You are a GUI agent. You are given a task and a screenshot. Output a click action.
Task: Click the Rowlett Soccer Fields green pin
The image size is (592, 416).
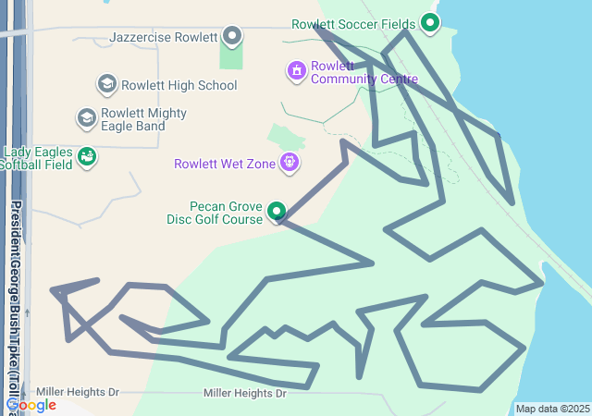[x=429, y=22]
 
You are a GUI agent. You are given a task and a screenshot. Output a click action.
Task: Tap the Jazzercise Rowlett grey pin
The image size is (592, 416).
[x=232, y=37]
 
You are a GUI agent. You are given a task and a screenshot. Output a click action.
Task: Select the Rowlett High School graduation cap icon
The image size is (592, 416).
[x=107, y=85]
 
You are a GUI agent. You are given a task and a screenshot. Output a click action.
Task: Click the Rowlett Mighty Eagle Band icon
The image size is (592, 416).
[x=86, y=118]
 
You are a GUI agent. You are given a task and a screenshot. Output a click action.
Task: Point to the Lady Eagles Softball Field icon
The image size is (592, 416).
[x=86, y=157]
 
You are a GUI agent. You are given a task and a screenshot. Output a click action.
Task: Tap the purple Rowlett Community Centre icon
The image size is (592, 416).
[x=297, y=70]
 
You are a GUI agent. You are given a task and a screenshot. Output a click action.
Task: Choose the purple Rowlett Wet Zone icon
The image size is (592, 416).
[x=290, y=164]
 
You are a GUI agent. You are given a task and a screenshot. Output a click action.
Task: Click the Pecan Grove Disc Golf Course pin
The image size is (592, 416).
[x=277, y=213]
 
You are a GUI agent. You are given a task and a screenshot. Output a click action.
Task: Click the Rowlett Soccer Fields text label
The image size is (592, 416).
[x=353, y=24]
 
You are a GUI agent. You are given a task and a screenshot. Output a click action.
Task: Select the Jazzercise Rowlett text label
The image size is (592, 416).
[x=163, y=38]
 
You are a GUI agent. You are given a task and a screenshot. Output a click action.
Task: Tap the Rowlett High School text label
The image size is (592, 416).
[x=179, y=85]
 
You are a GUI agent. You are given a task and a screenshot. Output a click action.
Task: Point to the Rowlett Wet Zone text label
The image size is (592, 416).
[x=225, y=165]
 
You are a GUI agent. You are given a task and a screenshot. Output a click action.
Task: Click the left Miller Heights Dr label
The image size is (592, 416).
[x=78, y=393]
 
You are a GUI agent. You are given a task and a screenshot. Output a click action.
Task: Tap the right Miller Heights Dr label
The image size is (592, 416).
[x=245, y=394]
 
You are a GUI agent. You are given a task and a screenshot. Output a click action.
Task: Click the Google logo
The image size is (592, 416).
[x=31, y=405]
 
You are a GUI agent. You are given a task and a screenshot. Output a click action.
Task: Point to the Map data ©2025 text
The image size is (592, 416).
[x=552, y=409]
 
